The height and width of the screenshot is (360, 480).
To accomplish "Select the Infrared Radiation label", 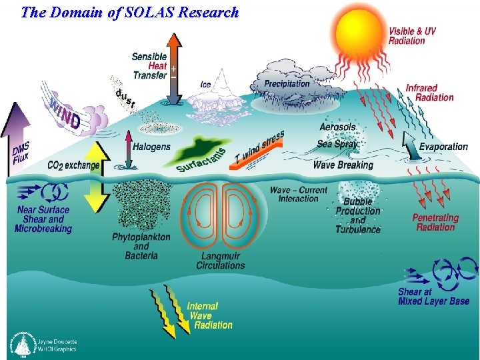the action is pos(429,93).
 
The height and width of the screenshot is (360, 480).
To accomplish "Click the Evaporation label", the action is pos(443,147).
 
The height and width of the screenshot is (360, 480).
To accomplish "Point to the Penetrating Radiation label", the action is pos(435,223).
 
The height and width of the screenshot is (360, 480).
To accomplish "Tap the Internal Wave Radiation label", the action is pos(209,316).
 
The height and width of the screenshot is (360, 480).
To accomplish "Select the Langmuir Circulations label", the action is pos(221,261).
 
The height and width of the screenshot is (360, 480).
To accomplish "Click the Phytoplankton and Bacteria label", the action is pos(141,246).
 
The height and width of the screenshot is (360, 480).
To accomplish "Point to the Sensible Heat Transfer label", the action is pos(150,67).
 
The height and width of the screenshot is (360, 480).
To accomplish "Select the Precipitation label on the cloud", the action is pos(287,83).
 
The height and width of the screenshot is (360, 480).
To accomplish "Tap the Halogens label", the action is pos(151,147).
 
